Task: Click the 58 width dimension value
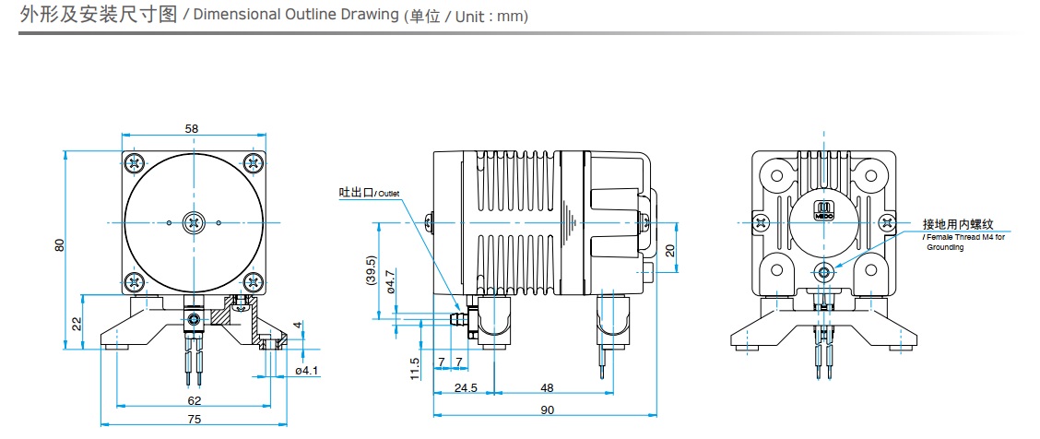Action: coord(192,129)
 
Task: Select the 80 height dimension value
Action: coord(60,245)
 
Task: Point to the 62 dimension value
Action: coord(194,400)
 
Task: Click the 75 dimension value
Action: coord(193,420)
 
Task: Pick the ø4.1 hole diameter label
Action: coord(306,371)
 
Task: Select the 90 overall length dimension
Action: coord(548,410)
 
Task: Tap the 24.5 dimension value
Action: coord(467,387)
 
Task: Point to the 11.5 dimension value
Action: coord(416,367)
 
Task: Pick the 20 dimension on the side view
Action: coord(670,250)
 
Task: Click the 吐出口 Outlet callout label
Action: coord(370,193)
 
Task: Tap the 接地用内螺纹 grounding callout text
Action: coord(958,224)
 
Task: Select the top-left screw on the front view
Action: coord(136,163)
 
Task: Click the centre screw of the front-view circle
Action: coord(194,221)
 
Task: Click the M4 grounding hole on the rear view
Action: coord(823,271)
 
